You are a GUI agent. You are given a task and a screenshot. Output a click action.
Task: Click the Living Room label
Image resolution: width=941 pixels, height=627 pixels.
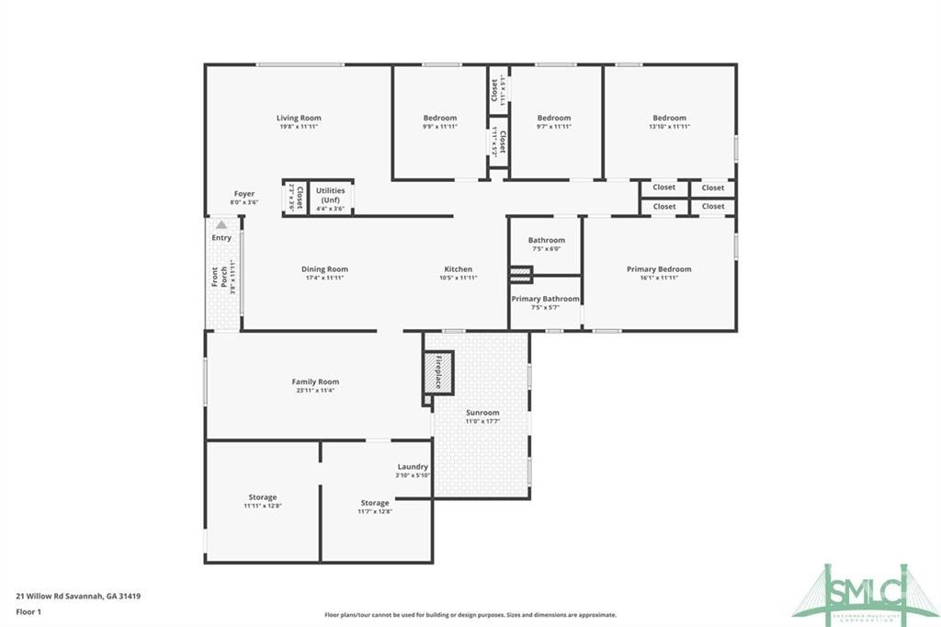tap(299, 118)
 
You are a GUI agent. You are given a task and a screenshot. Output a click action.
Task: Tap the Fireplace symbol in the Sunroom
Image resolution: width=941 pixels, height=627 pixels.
tap(438, 371)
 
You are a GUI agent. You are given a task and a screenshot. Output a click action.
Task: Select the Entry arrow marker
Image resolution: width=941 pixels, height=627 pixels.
tap(221, 224)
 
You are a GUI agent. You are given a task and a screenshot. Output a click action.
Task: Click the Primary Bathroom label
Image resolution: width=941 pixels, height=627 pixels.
tap(545, 299)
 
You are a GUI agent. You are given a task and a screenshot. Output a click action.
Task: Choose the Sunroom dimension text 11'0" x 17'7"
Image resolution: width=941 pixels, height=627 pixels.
tap(482, 422)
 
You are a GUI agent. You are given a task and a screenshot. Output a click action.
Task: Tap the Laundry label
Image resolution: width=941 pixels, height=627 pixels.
tap(413, 467)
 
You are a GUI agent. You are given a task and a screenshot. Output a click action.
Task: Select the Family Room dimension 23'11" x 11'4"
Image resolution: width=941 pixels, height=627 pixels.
tap(315, 391)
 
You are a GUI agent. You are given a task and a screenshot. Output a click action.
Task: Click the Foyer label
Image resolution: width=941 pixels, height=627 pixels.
tap(244, 194)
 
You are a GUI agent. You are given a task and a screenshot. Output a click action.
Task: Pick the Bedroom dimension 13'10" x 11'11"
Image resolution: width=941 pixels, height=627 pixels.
tap(669, 127)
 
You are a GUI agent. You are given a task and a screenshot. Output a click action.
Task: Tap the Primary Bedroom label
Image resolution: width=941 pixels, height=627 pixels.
tap(659, 269)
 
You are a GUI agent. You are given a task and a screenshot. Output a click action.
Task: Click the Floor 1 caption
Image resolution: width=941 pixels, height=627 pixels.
tap(30, 610)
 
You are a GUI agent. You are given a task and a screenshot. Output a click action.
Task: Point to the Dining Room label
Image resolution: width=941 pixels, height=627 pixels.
tap(324, 269)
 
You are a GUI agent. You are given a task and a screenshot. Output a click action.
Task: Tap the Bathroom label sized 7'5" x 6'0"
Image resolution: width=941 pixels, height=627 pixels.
tap(546, 241)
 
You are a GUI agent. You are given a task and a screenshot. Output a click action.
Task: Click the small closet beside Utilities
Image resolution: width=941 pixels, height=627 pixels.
tap(294, 198)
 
